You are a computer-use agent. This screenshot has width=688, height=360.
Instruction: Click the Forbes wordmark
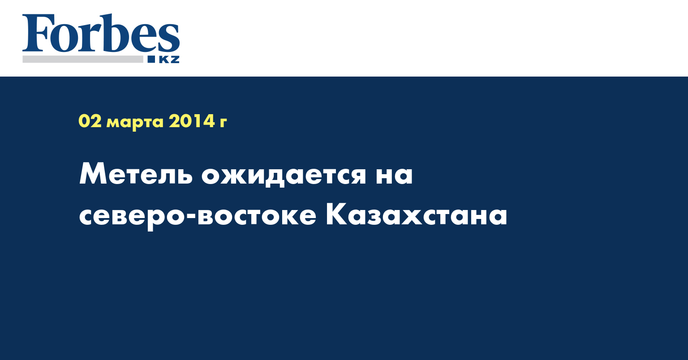point(101,33)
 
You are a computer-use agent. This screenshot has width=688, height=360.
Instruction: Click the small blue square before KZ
point(151,59)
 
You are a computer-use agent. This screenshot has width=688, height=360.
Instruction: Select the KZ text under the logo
point(169,59)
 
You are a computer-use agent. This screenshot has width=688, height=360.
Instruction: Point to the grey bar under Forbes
point(83,59)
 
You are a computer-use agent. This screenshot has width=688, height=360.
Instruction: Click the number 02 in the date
point(90,121)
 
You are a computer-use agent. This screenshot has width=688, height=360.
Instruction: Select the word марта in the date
point(135,123)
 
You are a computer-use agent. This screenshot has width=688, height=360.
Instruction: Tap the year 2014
point(192,121)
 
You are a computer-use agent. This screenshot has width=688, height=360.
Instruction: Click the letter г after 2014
point(223,123)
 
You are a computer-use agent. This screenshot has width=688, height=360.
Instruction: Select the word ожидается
point(284,175)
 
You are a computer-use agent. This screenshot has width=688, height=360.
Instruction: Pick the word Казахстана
point(417,215)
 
